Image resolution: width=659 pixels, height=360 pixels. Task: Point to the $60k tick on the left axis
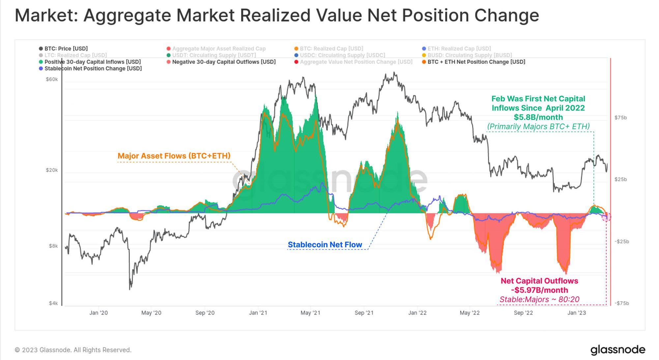[x=52, y=79]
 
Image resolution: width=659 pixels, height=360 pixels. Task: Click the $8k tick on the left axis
[x=53, y=246]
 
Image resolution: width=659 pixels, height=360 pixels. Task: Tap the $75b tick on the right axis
[x=620, y=118]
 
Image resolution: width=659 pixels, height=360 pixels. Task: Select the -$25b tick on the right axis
[x=621, y=242]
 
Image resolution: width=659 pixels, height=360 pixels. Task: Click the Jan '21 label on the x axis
[x=258, y=313]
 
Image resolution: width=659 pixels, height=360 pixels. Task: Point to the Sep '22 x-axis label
[x=523, y=313]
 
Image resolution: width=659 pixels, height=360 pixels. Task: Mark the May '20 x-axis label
[x=151, y=313]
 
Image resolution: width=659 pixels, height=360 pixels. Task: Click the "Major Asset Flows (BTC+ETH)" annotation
[x=174, y=156]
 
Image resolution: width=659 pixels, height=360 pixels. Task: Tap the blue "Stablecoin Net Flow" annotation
[x=325, y=245]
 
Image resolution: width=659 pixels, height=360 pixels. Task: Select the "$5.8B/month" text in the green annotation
[x=538, y=117]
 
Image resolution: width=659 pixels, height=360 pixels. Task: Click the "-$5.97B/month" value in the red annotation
[x=539, y=290]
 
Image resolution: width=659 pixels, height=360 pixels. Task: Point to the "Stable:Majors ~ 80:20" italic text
[x=539, y=299]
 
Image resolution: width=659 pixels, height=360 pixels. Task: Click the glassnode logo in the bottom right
[x=617, y=350]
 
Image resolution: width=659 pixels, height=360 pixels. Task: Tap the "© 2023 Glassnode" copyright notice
[x=73, y=350]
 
